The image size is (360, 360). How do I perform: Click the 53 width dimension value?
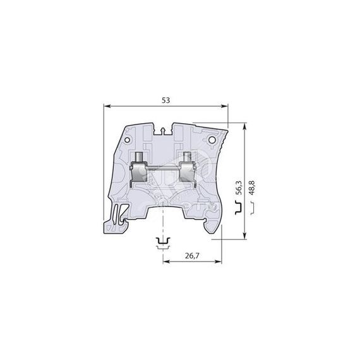pos(165,100)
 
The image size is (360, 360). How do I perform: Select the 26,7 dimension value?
pos(194,256)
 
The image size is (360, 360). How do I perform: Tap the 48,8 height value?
pos(252,188)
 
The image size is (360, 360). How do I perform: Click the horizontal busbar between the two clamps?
pos(163,169)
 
